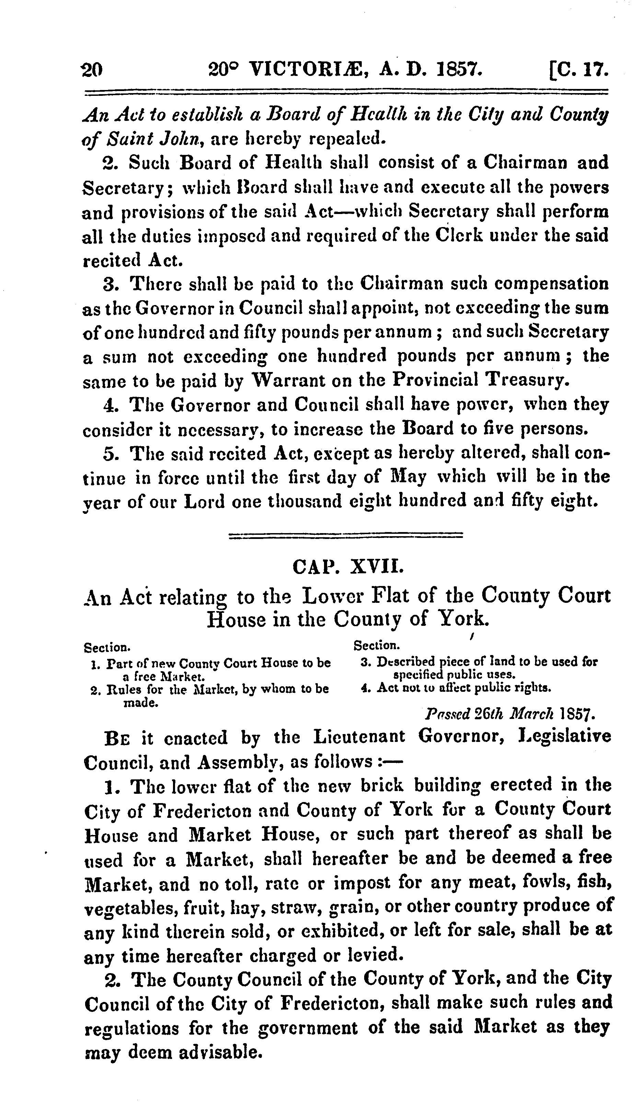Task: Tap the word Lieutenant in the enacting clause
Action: click(x=359, y=737)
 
